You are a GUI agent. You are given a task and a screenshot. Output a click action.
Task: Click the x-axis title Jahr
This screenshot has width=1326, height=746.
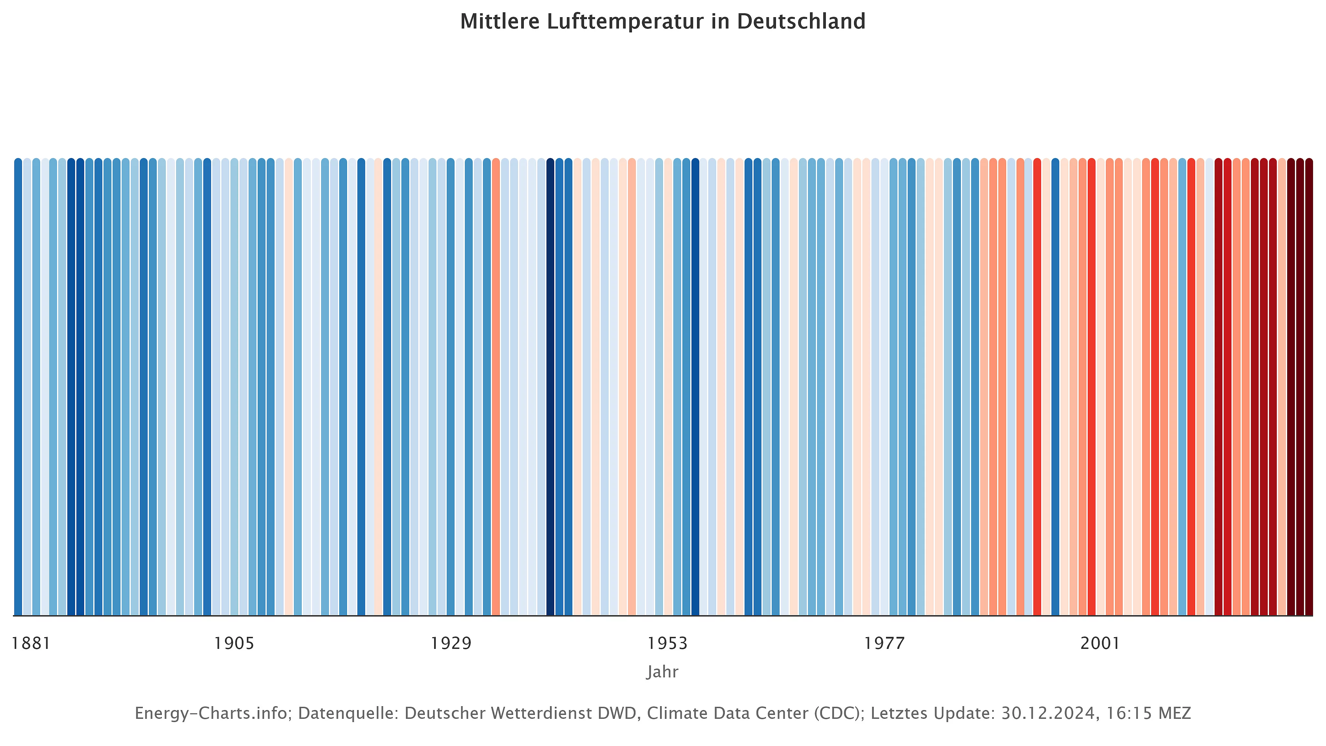(x=662, y=672)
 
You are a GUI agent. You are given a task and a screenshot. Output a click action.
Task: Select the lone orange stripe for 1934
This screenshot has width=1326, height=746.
(x=496, y=386)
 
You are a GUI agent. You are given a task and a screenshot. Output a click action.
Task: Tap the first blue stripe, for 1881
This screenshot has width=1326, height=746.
(x=18, y=386)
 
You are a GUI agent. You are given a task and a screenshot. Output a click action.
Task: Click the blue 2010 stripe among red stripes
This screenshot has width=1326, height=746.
(x=1182, y=386)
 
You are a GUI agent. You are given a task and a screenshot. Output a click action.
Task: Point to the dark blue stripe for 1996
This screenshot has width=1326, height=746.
(x=1055, y=386)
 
